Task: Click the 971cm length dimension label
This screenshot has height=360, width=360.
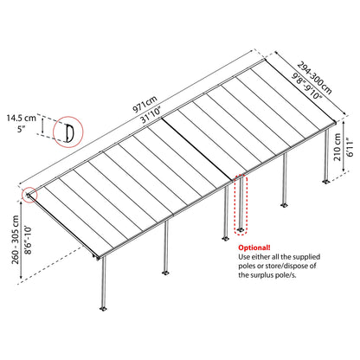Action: (145, 104)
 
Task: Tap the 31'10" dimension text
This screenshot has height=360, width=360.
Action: (151, 114)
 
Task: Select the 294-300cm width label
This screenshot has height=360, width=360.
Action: (314, 77)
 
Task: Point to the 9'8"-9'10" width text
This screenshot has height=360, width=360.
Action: (306, 86)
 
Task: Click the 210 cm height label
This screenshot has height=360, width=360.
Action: (337, 147)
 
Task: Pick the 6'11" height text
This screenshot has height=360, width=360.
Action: (350, 147)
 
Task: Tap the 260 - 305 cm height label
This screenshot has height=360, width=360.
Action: (16, 240)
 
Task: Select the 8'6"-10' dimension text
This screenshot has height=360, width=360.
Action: (29, 241)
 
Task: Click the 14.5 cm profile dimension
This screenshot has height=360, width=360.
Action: (22, 118)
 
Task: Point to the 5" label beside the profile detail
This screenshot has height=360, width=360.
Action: (20, 129)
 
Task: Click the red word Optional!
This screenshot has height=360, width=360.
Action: (254, 247)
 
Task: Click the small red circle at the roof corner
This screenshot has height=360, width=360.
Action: (30, 195)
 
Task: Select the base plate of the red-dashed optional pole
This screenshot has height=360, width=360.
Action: (241, 230)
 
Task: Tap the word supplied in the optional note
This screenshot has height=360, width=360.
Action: (307, 257)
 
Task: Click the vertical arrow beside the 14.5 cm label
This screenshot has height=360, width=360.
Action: (43, 125)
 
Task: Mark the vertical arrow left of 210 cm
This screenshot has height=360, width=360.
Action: (344, 147)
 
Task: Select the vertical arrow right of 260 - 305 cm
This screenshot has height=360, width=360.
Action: (21, 241)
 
